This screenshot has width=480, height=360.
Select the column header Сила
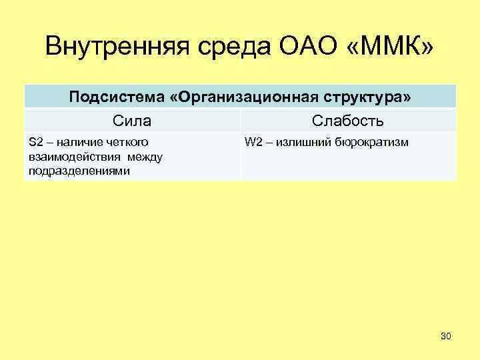point(131,121)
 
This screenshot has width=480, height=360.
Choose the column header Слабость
point(347,121)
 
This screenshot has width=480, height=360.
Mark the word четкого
point(127,142)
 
